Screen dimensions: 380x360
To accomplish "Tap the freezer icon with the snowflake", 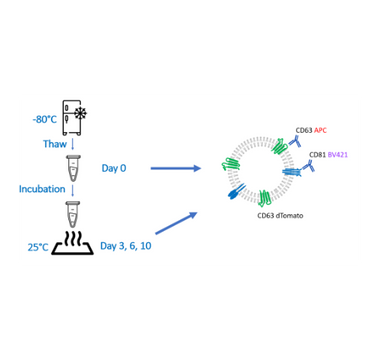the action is point(80,117).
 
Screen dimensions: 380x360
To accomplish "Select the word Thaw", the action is point(45,142).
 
